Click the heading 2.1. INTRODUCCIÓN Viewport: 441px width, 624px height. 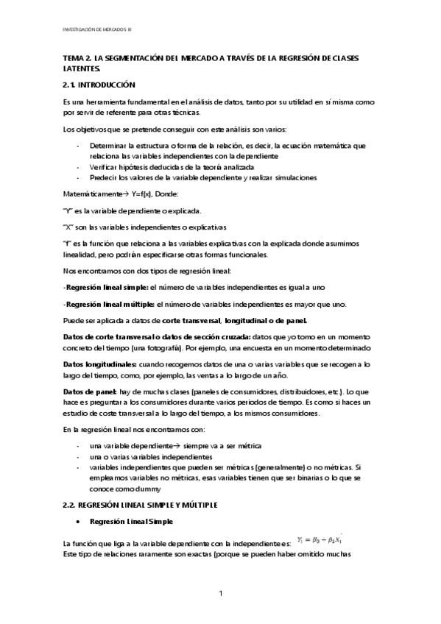click(100, 85)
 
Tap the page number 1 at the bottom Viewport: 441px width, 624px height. click(220, 593)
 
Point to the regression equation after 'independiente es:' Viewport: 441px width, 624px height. click(319, 540)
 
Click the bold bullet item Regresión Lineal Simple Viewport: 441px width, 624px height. click(131, 521)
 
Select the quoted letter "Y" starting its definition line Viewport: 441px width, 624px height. click(70, 211)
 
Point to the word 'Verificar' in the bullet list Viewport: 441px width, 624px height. click(102, 167)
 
